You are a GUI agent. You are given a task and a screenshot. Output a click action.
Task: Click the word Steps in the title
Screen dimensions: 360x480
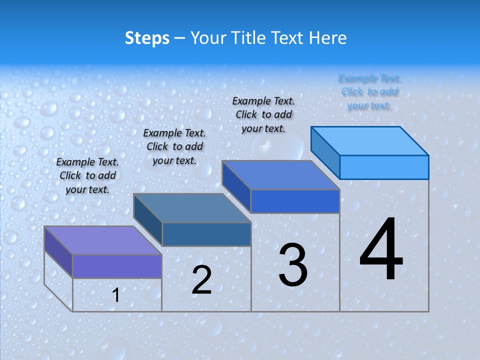click(147, 38)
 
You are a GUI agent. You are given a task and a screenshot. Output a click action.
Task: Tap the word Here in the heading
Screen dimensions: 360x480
click(328, 38)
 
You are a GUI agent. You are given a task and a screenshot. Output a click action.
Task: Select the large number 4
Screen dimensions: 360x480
click(381, 249)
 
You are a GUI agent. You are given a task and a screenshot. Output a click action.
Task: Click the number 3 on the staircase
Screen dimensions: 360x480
click(293, 265)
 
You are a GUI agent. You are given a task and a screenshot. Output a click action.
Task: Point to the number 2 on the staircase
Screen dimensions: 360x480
click(201, 280)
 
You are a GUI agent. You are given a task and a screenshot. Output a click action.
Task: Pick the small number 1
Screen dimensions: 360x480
click(116, 295)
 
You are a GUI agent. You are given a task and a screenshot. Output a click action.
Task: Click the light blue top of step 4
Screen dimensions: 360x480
click(370, 141)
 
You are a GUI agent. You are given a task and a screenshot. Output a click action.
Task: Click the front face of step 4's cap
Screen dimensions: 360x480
click(384, 167)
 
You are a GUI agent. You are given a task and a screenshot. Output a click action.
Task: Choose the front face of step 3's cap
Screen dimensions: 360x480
click(295, 201)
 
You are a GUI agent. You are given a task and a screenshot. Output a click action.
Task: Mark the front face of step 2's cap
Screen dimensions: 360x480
click(206, 234)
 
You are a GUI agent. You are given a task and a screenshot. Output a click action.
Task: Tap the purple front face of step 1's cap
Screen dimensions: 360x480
click(117, 266)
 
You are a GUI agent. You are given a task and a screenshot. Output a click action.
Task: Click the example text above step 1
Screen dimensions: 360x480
click(87, 175)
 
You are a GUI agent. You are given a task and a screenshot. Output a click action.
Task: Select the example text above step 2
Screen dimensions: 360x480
click(174, 146)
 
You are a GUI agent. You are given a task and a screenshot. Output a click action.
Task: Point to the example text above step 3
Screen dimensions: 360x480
click(263, 114)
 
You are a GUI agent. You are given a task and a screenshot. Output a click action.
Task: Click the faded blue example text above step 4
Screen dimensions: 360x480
click(369, 92)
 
